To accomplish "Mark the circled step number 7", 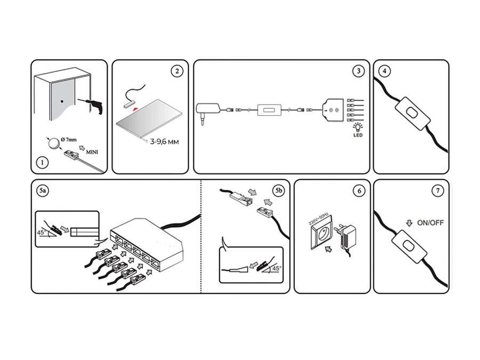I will tap(438, 190).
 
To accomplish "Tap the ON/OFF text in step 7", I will tap(431, 222).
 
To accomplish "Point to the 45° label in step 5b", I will tap(276, 268).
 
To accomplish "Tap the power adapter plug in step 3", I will tap(209, 111).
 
